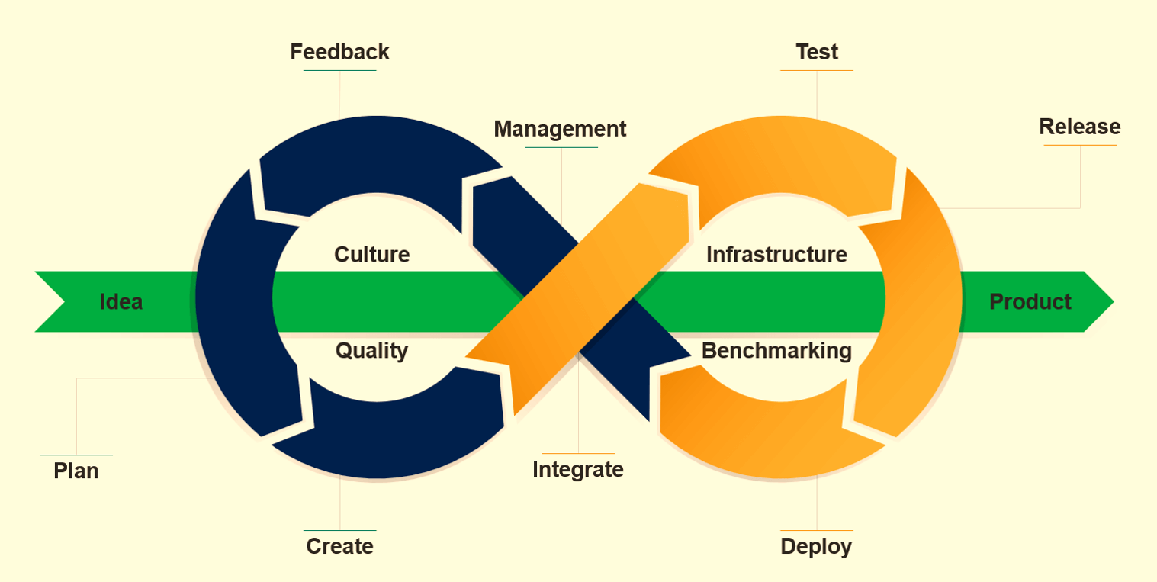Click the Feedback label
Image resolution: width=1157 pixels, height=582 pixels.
339,52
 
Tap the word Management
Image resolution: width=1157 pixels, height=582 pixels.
560,129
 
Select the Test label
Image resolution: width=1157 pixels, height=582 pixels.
817,52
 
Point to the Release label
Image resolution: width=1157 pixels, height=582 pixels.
1080,127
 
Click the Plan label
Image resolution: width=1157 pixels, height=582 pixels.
76,471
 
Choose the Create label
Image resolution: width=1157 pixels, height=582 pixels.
339,546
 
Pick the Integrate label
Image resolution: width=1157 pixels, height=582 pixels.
577,469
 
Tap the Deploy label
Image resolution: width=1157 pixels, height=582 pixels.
816,546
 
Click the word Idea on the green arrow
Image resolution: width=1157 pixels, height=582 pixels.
121,302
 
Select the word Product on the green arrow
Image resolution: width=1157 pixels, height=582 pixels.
1030,302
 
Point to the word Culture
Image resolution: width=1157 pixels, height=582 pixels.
371,254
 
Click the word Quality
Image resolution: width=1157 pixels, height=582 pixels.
371,351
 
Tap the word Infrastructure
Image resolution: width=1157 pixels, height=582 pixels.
776,254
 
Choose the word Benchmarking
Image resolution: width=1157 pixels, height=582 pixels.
776,351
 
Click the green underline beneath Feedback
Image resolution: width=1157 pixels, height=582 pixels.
339,70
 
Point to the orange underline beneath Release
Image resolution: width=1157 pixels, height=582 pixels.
1080,145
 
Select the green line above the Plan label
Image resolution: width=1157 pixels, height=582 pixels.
76,455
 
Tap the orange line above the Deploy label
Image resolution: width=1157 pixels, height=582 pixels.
816,530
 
